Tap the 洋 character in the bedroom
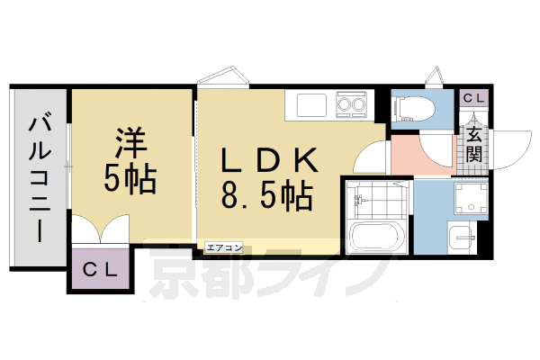click(130, 144)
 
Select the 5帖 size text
click(130, 179)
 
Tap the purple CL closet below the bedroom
click(101, 270)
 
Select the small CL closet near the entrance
click(473, 97)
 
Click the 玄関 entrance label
click(473, 144)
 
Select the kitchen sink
click(307, 105)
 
